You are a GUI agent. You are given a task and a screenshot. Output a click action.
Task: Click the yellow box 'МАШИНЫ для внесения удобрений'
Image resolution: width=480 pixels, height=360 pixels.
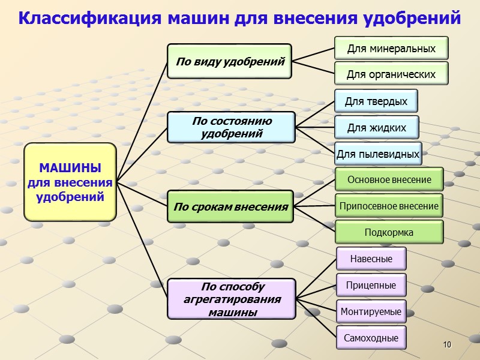tap(70, 182)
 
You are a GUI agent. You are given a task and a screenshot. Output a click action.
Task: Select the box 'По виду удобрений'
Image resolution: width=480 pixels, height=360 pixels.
tap(229, 61)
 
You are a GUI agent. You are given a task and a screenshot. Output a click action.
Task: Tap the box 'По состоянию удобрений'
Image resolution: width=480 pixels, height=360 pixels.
tap(232, 127)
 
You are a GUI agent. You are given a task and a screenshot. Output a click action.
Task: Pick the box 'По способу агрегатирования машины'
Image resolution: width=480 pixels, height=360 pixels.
tap(232, 299)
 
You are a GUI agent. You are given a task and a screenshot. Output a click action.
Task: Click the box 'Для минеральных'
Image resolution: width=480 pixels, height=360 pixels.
tap(391, 48)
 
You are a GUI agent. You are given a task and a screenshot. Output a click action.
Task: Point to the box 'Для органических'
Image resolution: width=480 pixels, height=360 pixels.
tap(391, 74)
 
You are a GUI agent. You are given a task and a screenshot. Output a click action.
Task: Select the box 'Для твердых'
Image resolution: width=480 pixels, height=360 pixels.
tap(376, 101)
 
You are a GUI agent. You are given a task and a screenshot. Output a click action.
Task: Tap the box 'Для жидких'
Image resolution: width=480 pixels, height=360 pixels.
tap(376, 128)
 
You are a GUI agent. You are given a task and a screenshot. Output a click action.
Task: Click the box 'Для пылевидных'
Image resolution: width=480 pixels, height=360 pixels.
tap(378, 154)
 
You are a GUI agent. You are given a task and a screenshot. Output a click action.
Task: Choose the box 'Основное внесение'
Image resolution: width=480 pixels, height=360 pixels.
tap(389, 179)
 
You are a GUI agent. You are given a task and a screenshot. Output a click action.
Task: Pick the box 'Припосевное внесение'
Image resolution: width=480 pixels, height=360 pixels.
tap(389, 206)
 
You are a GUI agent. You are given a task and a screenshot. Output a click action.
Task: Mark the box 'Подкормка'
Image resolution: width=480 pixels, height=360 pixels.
tap(389, 232)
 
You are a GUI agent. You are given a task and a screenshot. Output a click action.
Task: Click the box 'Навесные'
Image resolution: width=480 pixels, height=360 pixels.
tap(371, 259)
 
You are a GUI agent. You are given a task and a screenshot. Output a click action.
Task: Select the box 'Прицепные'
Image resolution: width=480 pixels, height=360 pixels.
tap(371, 285)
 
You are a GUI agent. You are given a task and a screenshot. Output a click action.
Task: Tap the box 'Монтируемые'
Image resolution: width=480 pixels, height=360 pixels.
tap(371, 311)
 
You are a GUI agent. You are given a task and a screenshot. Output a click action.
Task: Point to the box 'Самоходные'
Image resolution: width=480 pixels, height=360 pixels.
tap(371, 338)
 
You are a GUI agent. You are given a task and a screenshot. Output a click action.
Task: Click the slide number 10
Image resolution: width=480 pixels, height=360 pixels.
tap(446, 344)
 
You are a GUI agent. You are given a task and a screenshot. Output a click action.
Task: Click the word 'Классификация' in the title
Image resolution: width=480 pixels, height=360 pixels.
tap(90, 18)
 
